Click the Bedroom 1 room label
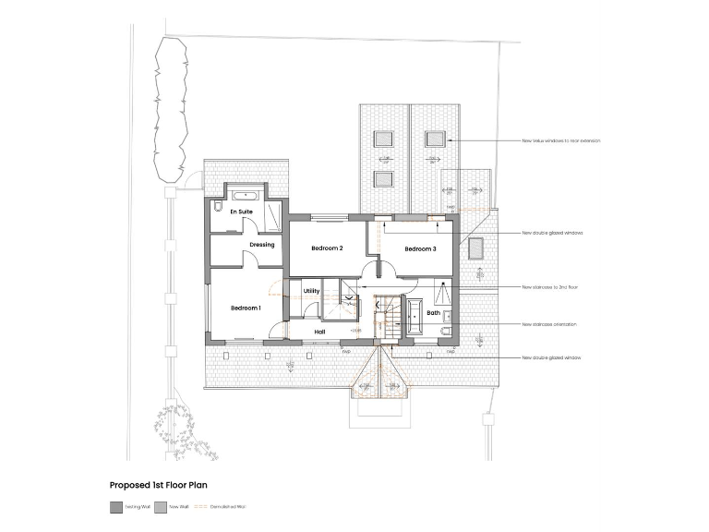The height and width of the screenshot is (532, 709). point(246,308)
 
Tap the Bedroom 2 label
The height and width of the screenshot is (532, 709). point(327,248)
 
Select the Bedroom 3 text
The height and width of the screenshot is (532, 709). point(420,248)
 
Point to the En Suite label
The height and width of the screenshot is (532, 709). point(241,212)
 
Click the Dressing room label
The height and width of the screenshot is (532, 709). point(262,245)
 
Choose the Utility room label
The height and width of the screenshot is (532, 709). point(311,291)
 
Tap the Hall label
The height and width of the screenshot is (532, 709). point(320,331)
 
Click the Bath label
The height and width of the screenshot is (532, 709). point(433,313)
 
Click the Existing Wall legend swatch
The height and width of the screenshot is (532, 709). point(115,506)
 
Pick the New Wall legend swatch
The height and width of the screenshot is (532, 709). point(161,506)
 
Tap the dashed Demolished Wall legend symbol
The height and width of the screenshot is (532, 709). point(202,506)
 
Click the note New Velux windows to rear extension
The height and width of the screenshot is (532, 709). point(560,140)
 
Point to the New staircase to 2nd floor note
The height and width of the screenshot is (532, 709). point(550,287)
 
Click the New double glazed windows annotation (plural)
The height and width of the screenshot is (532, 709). point(552,233)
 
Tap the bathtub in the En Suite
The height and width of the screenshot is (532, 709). point(245,196)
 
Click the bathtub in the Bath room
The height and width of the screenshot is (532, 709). point(413,308)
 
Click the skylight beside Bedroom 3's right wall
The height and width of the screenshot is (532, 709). point(475,248)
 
